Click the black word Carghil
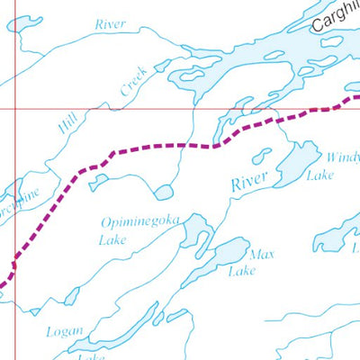tap(335, 15)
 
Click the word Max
tap(261, 255)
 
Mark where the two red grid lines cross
tap(14, 109)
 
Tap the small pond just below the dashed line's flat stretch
tap(163, 192)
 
